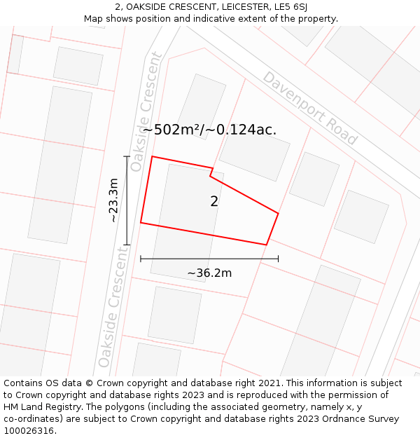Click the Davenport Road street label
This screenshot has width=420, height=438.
310,108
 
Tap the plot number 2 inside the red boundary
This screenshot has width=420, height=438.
214,202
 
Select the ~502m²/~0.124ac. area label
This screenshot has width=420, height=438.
209,130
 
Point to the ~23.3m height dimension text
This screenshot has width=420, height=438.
113,200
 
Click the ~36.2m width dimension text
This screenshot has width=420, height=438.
209,273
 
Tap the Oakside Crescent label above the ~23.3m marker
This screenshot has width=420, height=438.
146,112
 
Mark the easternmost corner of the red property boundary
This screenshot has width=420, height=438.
279,213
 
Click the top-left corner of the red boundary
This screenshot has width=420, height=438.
152,156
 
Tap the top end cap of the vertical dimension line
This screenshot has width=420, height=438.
127,156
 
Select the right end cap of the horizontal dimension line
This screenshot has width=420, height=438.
279,259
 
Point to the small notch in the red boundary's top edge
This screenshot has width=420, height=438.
211,172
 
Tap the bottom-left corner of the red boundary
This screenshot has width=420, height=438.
141,223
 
